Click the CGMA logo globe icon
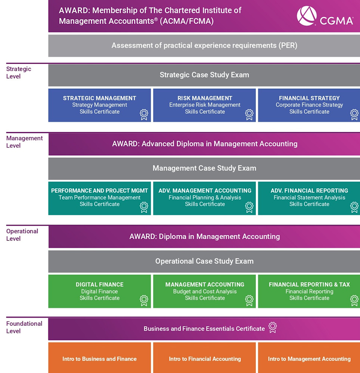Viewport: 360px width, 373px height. click(x=307, y=16)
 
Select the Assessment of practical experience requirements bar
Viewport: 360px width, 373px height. click(x=204, y=46)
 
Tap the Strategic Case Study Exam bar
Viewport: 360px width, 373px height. click(x=204, y=75)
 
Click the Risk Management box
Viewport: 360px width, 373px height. click(x=205, y=105)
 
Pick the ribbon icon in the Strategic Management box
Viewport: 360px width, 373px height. click(x=144, y=115)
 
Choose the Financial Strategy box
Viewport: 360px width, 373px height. click(x=309, y=105)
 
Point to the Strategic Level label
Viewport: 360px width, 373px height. click(x=19, y=73)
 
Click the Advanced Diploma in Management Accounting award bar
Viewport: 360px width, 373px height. click(x=204, y=144)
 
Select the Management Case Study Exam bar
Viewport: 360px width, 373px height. click(x=204, y=169)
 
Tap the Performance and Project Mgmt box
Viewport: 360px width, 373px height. click(x=100, y=198)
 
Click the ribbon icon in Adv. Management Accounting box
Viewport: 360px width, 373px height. click(x=249, y=207)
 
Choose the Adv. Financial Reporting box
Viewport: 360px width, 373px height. click(x=309, y=198)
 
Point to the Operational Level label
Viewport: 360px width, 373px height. click(x=22, y=235)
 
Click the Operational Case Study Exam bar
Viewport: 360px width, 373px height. click(x=204, y=261)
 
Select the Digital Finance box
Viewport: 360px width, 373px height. click(x=100, y=291)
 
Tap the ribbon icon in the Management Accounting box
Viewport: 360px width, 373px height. click(x=249, y=300)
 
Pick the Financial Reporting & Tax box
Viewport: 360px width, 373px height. click(x=309, y=291)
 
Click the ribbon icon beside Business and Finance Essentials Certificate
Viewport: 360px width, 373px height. click(x=273, y=327)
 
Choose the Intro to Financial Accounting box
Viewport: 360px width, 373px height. click(x=205, y=358)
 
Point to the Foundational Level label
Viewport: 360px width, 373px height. click(x=24, y=327)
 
